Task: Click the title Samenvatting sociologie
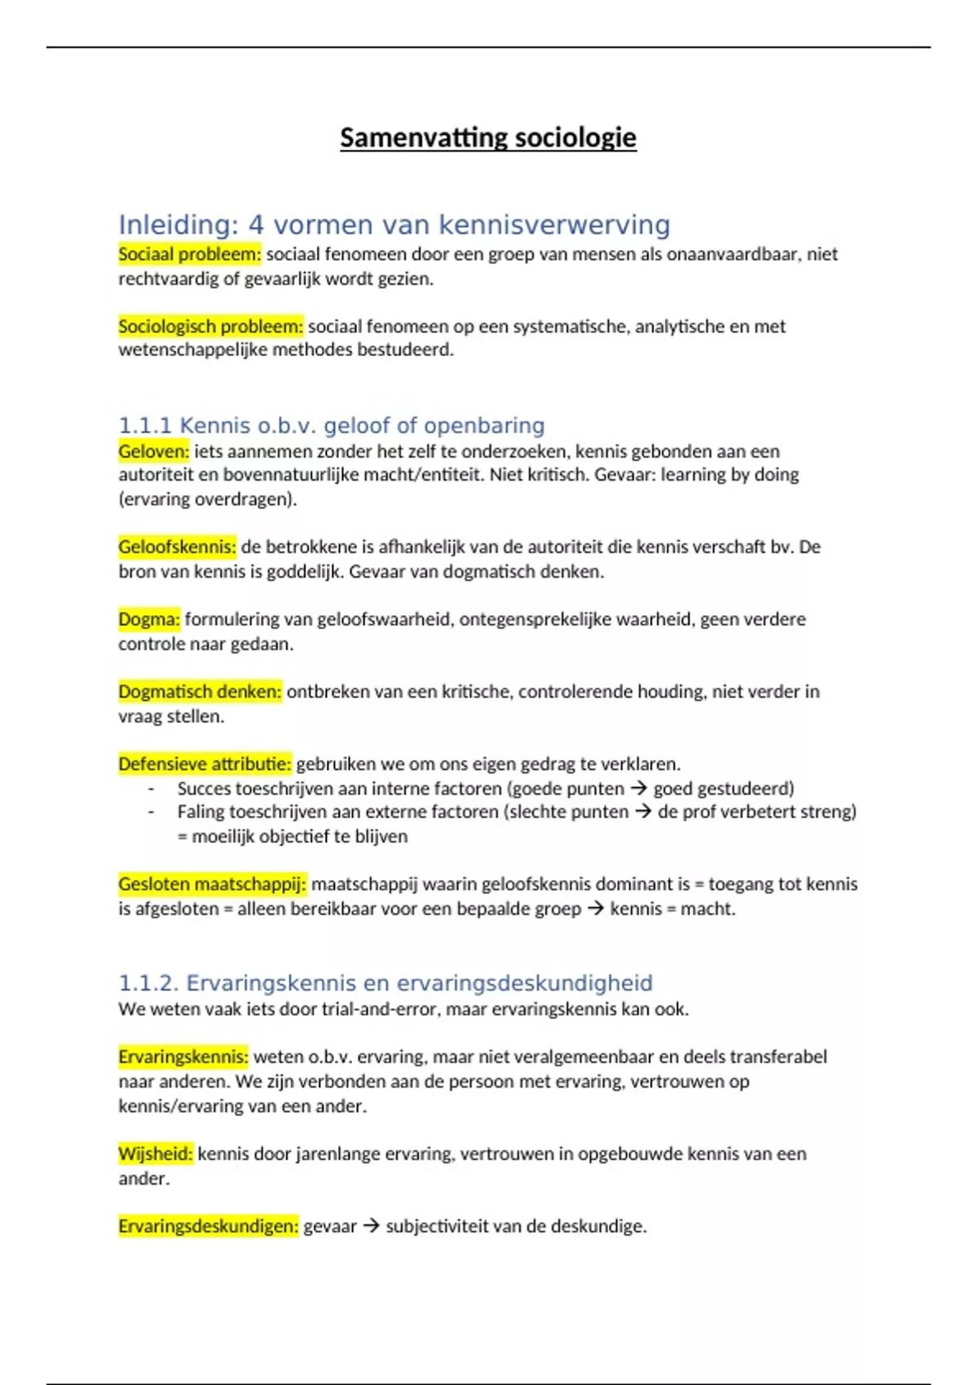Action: [487, 138]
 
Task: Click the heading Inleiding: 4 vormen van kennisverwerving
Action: [394, 225]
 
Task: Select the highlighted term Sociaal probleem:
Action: [189, 254]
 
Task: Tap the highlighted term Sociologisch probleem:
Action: [210, 327]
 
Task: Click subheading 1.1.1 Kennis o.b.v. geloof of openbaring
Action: [331, 425]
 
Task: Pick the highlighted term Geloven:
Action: [153, 451]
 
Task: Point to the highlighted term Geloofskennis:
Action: [177, 547]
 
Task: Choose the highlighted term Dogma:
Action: [148, 619]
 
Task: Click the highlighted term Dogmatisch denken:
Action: [200, 692]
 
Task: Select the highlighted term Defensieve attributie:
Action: [205, 764]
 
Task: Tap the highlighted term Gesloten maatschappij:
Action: [212, 884]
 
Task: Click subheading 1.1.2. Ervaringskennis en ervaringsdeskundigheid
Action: [385, 983]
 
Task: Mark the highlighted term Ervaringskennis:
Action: [183, 1057]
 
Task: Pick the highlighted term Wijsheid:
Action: [155, 1154]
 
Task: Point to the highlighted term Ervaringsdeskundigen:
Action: [208, 1226]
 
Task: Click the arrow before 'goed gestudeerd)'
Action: [639, 789]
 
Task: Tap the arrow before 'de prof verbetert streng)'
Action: [643, 812]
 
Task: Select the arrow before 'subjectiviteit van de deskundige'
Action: [371, 1226]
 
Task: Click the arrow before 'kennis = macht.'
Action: [596, 908]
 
